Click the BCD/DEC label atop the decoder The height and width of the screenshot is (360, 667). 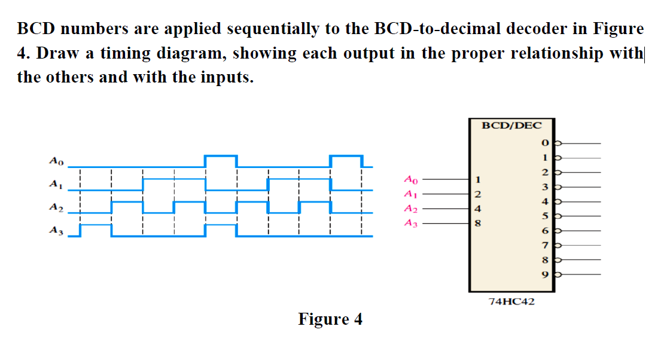511,126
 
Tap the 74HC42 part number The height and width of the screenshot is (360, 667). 511,302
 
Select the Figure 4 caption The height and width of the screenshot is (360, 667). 330,319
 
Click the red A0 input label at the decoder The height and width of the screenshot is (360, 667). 411,178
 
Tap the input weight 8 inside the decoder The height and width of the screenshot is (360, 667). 477,224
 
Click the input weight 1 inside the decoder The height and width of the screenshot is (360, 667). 477,179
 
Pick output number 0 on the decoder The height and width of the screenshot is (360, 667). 544,144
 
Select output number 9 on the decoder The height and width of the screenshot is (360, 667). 544,274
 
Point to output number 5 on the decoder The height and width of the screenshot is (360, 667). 544,216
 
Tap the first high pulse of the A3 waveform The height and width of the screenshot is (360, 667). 96,225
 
